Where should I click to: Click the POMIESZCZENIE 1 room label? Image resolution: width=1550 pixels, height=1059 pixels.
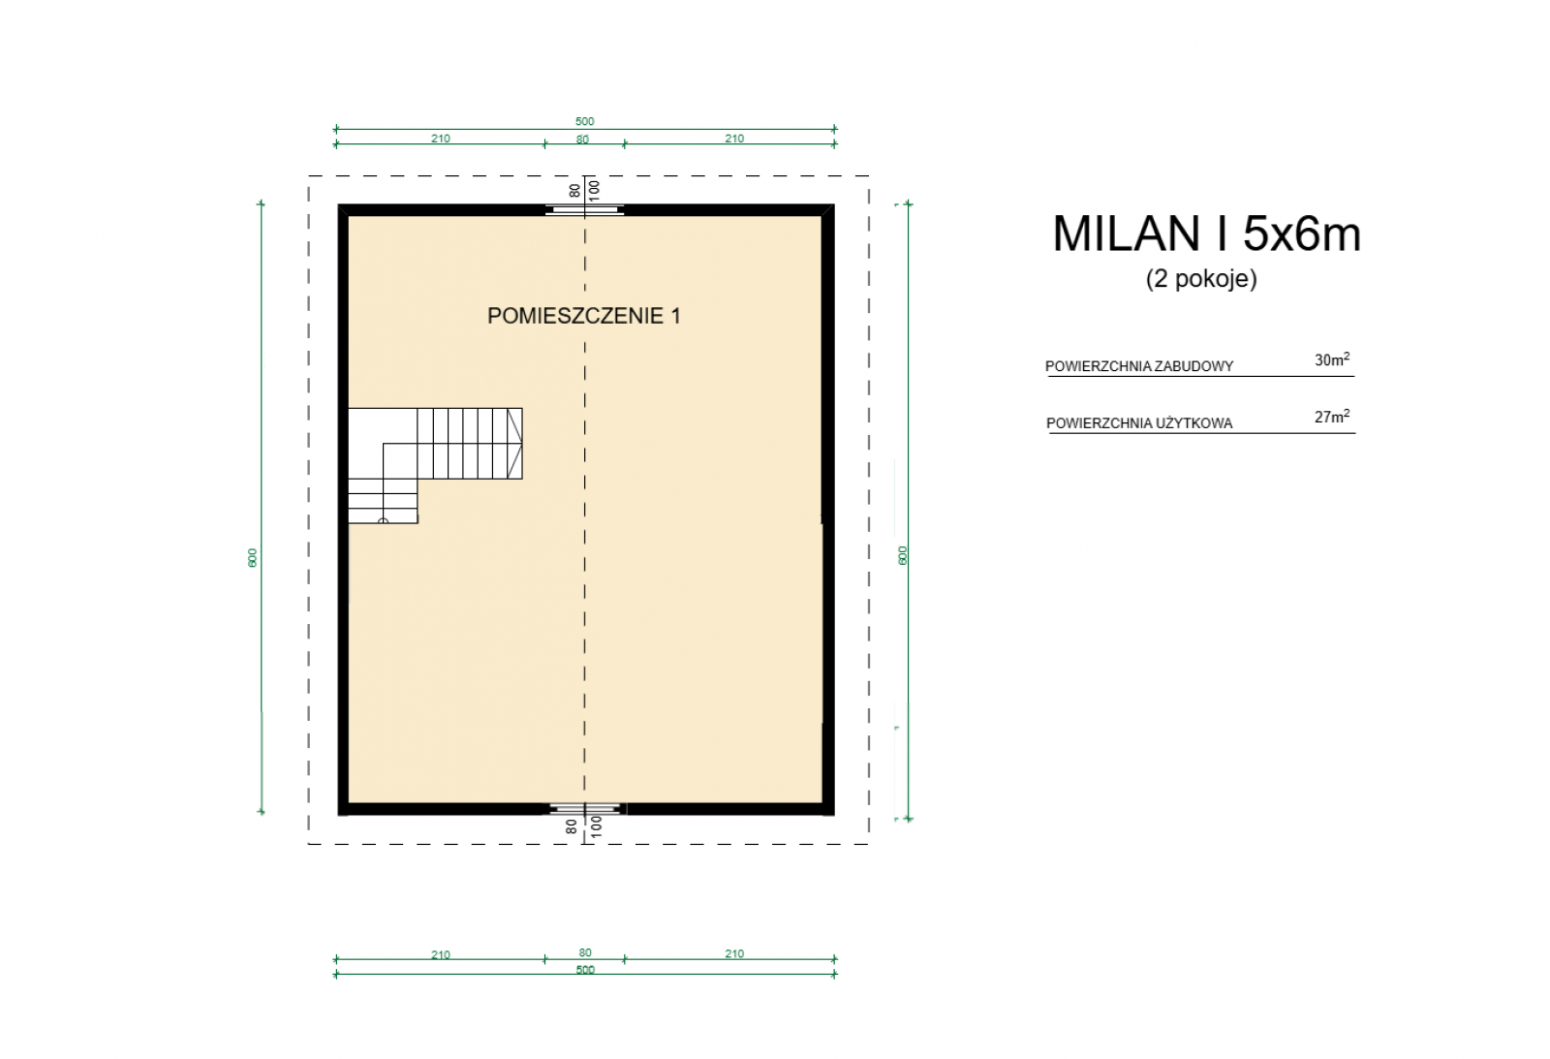[584, 316]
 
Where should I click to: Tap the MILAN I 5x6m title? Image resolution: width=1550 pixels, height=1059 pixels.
[1207, 234]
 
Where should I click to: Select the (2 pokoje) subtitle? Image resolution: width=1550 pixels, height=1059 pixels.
[1201, 278]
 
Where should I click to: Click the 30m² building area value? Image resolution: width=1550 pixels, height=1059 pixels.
[1332, 359]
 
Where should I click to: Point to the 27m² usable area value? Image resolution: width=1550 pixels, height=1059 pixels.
[1332, 417]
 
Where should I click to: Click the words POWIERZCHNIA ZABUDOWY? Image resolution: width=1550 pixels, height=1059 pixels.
[1139, 366]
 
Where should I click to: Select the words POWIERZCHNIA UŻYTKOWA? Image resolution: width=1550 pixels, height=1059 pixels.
[1139, 422]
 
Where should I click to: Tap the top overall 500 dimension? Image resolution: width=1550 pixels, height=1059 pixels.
[585, 122]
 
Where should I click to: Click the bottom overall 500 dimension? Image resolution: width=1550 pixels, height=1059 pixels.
[585, 970]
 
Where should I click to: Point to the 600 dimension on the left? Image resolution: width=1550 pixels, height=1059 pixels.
[253, 558]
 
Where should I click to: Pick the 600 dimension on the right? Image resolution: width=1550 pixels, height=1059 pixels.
[902, 556]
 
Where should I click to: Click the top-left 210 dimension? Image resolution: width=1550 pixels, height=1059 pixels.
[441, 139]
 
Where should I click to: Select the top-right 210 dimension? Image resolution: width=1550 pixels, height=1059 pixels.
[734, 139]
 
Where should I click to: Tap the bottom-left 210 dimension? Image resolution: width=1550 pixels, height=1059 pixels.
[441, 955]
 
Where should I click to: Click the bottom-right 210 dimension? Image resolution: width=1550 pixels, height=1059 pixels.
[734, 953]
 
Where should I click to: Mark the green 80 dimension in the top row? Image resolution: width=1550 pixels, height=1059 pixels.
[582, 140]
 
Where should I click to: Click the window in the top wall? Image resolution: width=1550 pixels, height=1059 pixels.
[585, 209]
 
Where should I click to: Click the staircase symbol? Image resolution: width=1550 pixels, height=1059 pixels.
[435, 465]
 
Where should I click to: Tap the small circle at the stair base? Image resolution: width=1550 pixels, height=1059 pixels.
[384, 520]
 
